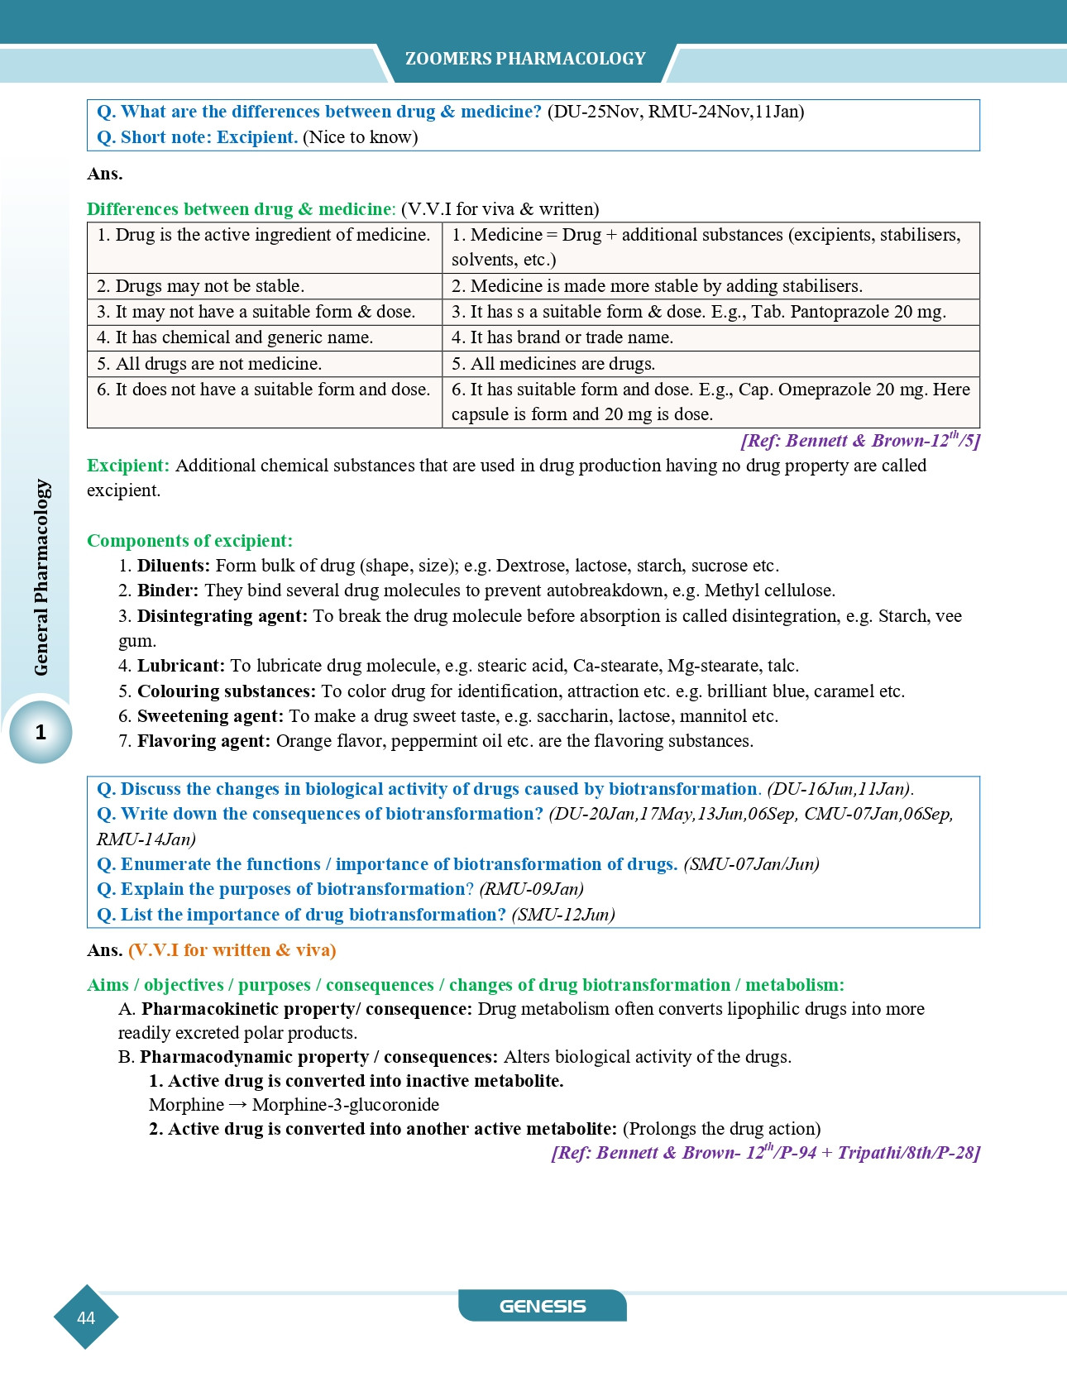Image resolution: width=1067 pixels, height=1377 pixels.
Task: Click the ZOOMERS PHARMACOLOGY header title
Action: [525, 59]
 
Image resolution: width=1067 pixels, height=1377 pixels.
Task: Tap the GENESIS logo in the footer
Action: [543, 1307]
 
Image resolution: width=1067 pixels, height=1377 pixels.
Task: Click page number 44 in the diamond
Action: [86, 1318]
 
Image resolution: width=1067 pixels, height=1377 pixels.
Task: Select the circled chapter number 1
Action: [41, 732]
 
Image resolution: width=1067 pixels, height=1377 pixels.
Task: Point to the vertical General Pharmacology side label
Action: [41, 577]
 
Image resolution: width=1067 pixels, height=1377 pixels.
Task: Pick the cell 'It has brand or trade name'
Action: [562, 337]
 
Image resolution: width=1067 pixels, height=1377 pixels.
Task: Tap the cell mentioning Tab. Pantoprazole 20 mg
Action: [698, 312]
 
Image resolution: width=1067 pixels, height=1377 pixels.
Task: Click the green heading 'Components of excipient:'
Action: [189, 541]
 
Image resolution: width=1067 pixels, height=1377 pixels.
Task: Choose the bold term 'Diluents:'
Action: [173, 566]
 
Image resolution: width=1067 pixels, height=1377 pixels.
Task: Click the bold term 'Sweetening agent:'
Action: [210, 716]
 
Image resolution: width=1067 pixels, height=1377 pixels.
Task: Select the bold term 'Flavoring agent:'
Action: [203, 741]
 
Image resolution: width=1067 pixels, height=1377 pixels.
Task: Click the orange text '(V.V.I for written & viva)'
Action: [232, 950]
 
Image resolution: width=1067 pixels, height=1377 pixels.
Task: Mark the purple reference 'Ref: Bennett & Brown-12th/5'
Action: [860, 440]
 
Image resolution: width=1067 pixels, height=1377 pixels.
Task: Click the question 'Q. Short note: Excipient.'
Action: [197, 137]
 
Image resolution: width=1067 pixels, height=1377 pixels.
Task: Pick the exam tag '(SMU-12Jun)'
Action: [563, 915]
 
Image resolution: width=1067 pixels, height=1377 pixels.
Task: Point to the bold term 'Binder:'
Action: [168, 590]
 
